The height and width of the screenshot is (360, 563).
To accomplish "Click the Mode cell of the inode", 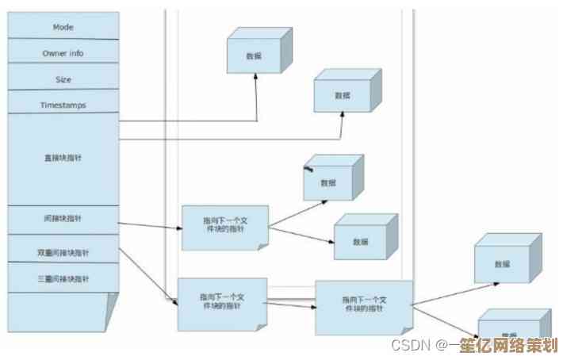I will [63, 27].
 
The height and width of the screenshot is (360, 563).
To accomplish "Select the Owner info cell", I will [63, 53].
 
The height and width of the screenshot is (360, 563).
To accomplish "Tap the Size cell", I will [63, 79].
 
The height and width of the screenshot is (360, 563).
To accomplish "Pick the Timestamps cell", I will [63, 105].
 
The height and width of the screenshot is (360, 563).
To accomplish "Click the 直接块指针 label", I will [63, 158].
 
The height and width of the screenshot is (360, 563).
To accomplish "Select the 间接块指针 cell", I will [63, 218].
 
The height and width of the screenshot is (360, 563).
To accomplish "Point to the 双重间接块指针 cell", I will [63, 252].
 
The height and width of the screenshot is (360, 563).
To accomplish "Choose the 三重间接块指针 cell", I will [63, 278].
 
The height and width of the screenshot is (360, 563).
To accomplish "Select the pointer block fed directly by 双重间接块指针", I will [221, 304].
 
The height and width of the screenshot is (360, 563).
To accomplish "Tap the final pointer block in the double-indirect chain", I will [364, 306].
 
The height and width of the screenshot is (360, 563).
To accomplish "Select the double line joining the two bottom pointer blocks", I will [290, 301].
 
